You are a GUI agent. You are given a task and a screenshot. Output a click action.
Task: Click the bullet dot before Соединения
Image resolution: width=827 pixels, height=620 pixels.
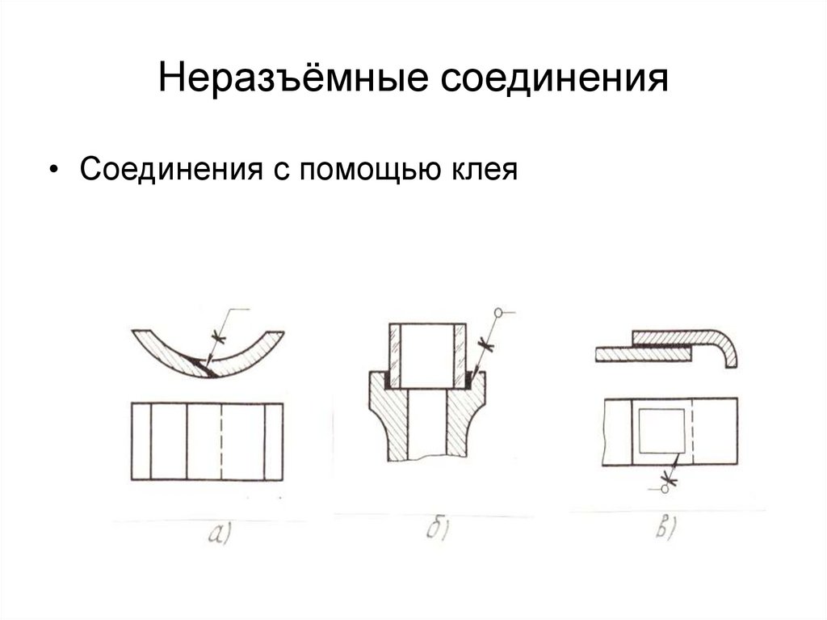(53, 171)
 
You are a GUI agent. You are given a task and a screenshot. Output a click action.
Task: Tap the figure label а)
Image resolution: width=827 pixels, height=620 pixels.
(219, 533)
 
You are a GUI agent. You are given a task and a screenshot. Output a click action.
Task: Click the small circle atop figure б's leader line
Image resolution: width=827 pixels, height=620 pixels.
(499, 312)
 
